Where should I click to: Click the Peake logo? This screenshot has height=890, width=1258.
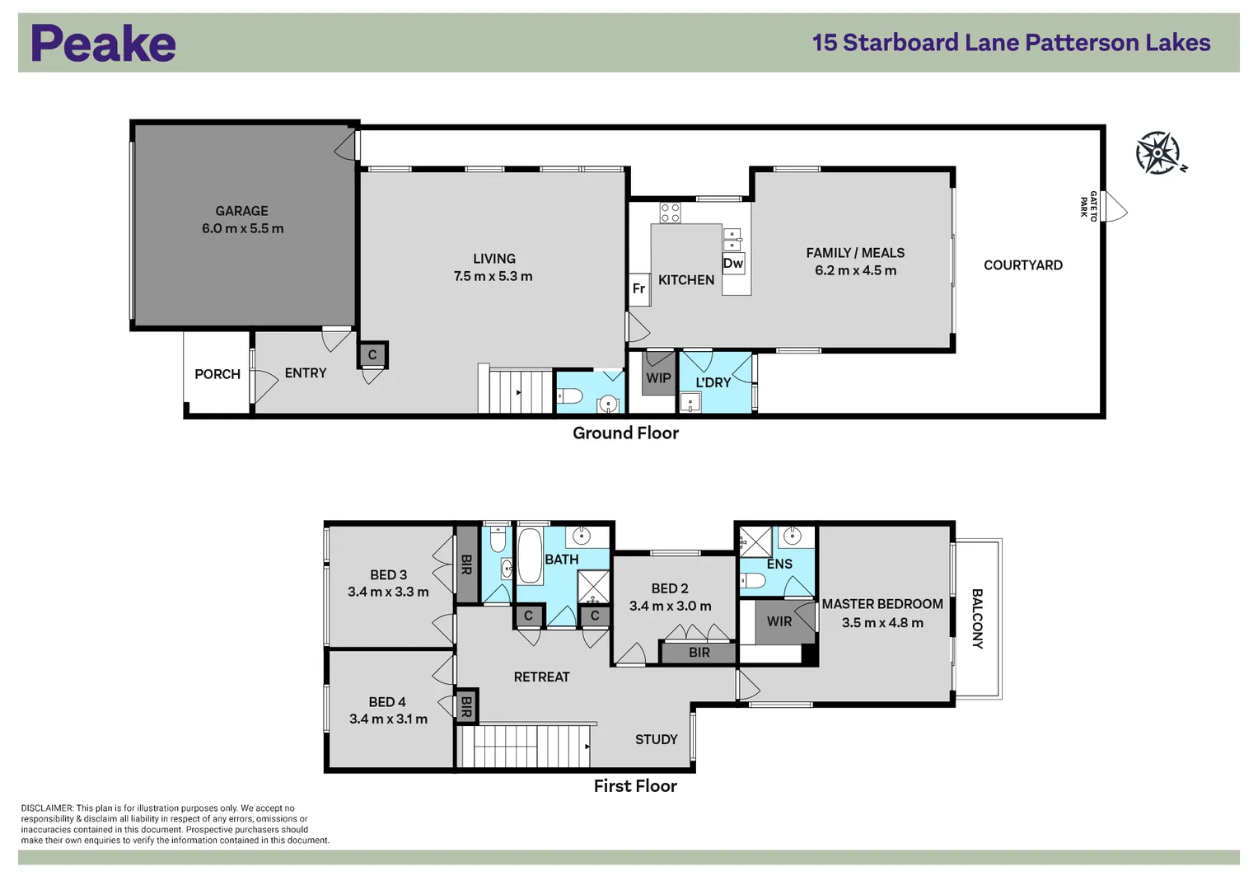pyautogui.click(x=103, y=43)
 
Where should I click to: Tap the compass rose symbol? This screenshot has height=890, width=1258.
pyautogui.click(x=1159, y=152)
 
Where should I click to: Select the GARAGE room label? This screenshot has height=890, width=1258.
pyautogui.click(x=242, y=211)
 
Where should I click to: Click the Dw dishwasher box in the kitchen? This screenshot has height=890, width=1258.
pyautogui.click(x=733, y=263)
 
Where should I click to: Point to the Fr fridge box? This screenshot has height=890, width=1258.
pyautogui.click(x=639, y=288)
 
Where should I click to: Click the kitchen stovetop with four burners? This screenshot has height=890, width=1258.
pyautogui.click(x=670, y=213)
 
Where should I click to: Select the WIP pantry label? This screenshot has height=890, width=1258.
pyautogui.click(x=658, y=378)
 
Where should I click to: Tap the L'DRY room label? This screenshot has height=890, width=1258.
pyautogui.click(x=713, y=382)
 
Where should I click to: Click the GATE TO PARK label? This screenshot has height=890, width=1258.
pyautogui.click(x=1088, y=206)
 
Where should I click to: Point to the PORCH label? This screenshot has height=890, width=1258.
pyautogui.click(x=217, y=374)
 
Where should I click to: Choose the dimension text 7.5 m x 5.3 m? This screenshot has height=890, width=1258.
pyautogui.click(x=493, y=276)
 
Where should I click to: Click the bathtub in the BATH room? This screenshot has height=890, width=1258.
pyautogui.click(x=529, y=555)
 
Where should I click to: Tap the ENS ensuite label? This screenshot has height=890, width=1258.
pyautogui.click(x=779, y=564)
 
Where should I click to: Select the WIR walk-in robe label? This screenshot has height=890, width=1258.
pyautogui.click(x=779, y=621)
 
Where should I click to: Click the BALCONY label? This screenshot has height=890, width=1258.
pyautogui.click(x=977, y=619)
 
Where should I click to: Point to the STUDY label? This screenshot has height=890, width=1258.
pyautogui.click(x=657, y=739)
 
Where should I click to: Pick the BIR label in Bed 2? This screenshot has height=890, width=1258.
pyautogui.click(x=699, y=653)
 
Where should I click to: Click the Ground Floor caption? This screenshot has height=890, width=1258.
pyautogui.click(x=625, y=433)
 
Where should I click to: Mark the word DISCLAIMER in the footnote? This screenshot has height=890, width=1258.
pyautogui.click(x=47, y=808)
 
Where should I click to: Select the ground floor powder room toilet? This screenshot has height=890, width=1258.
pyautogui.click(x=569, y=396)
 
